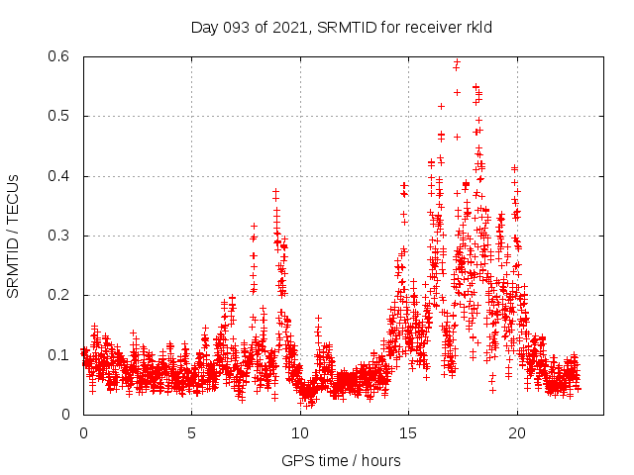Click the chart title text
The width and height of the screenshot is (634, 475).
coord(343,27)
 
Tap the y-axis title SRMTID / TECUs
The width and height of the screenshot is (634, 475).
coord(13,236)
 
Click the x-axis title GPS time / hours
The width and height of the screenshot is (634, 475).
coord(341,460)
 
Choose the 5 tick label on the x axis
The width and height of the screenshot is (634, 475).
coord(192,432)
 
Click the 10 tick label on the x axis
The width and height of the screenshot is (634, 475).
coord(300,432)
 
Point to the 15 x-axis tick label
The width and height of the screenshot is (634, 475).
coord(408,432)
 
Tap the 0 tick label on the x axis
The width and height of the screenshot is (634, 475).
coord(83,432)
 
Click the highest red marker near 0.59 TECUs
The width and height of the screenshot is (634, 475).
coord(457,62)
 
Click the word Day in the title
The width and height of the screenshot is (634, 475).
coord(203,27)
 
